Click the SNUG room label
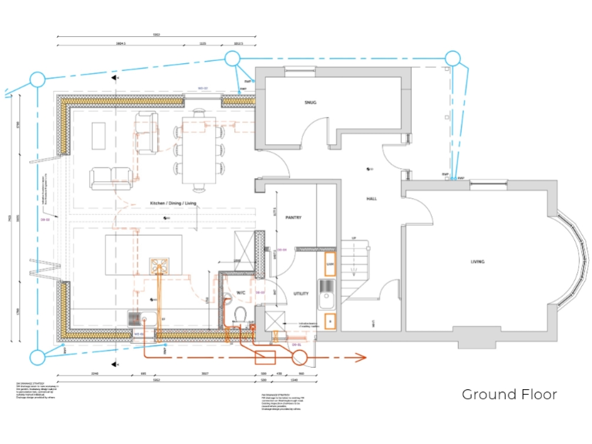(x=310, y=103)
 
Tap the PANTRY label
(x=293, y=217)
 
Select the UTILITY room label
(x=301, y=294)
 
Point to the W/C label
(x=240, y=293)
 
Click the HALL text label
(x=371, y=199)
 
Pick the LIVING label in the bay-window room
(x=478, y=262)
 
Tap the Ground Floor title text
(x=509, y=395)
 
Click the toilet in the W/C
(x=240, y=317)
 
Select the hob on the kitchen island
(x=160, y=266)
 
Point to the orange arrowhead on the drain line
(x=358, y=357)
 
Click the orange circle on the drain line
(x=298, y=357)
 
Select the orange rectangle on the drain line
(x=266, y=357)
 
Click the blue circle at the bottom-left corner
(x=36, y=356)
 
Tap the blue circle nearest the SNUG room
(x=232, y=58)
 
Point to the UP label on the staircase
(x=354, y=238)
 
